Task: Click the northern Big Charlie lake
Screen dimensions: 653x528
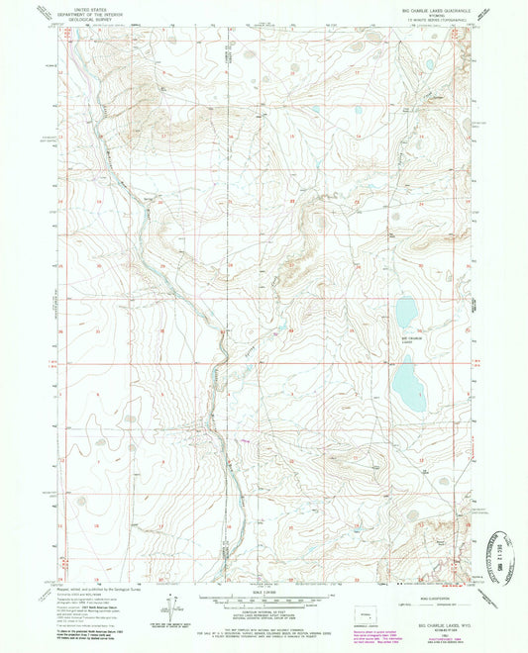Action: (x=406, y=313)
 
